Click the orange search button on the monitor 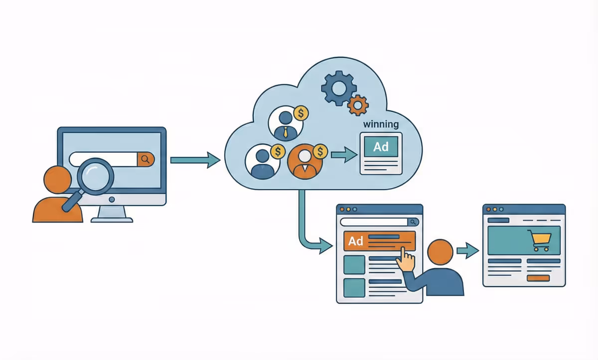coord(146,159)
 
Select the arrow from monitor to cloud coord(195,160)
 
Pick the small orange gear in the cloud coord(357,105)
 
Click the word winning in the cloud coord(381,124)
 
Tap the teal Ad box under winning coord(381,147)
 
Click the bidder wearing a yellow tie coord(285,123)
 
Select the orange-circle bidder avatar coord(304,162)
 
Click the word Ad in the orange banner coord(356,241)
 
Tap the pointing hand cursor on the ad coord(408,260)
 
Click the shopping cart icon coord(541,241)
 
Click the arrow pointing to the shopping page coord(467,250)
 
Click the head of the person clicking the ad coord(441,252)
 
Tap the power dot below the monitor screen coord(112,199)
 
